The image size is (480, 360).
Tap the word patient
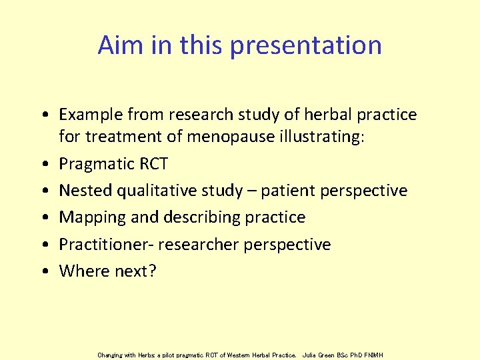click(x=291, y=191)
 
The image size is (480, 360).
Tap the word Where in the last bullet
click(x=82, y=271)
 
